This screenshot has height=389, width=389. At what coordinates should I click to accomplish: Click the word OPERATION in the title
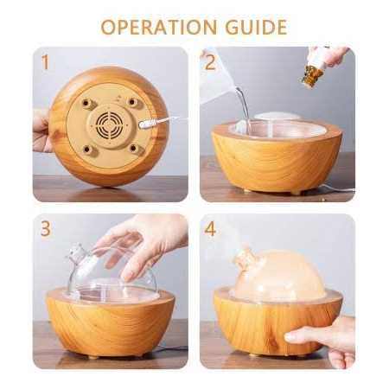pos(159,27)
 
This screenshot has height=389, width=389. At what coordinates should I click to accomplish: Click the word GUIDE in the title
pos(256,27)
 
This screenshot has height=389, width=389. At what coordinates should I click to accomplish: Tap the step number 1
pos(45,62)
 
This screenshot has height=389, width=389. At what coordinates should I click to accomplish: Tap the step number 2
pos(210,62)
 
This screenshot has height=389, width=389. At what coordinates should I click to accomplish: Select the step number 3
pos(46,229)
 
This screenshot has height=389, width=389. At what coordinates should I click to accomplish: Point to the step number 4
pos(210,229)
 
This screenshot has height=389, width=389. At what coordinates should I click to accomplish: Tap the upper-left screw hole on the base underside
pos(86,103)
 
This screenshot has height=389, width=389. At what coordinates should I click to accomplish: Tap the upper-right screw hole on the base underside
pos(131,102)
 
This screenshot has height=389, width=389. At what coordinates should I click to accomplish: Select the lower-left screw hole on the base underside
pos(86,150)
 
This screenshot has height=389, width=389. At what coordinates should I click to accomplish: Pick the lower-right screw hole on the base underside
pos(133,149)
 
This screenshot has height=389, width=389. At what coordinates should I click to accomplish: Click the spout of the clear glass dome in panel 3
pos(75,252)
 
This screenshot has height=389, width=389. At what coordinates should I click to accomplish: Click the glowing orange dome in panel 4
pos(280,273)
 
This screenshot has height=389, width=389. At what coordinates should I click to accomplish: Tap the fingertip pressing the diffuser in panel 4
pos(290,336)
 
